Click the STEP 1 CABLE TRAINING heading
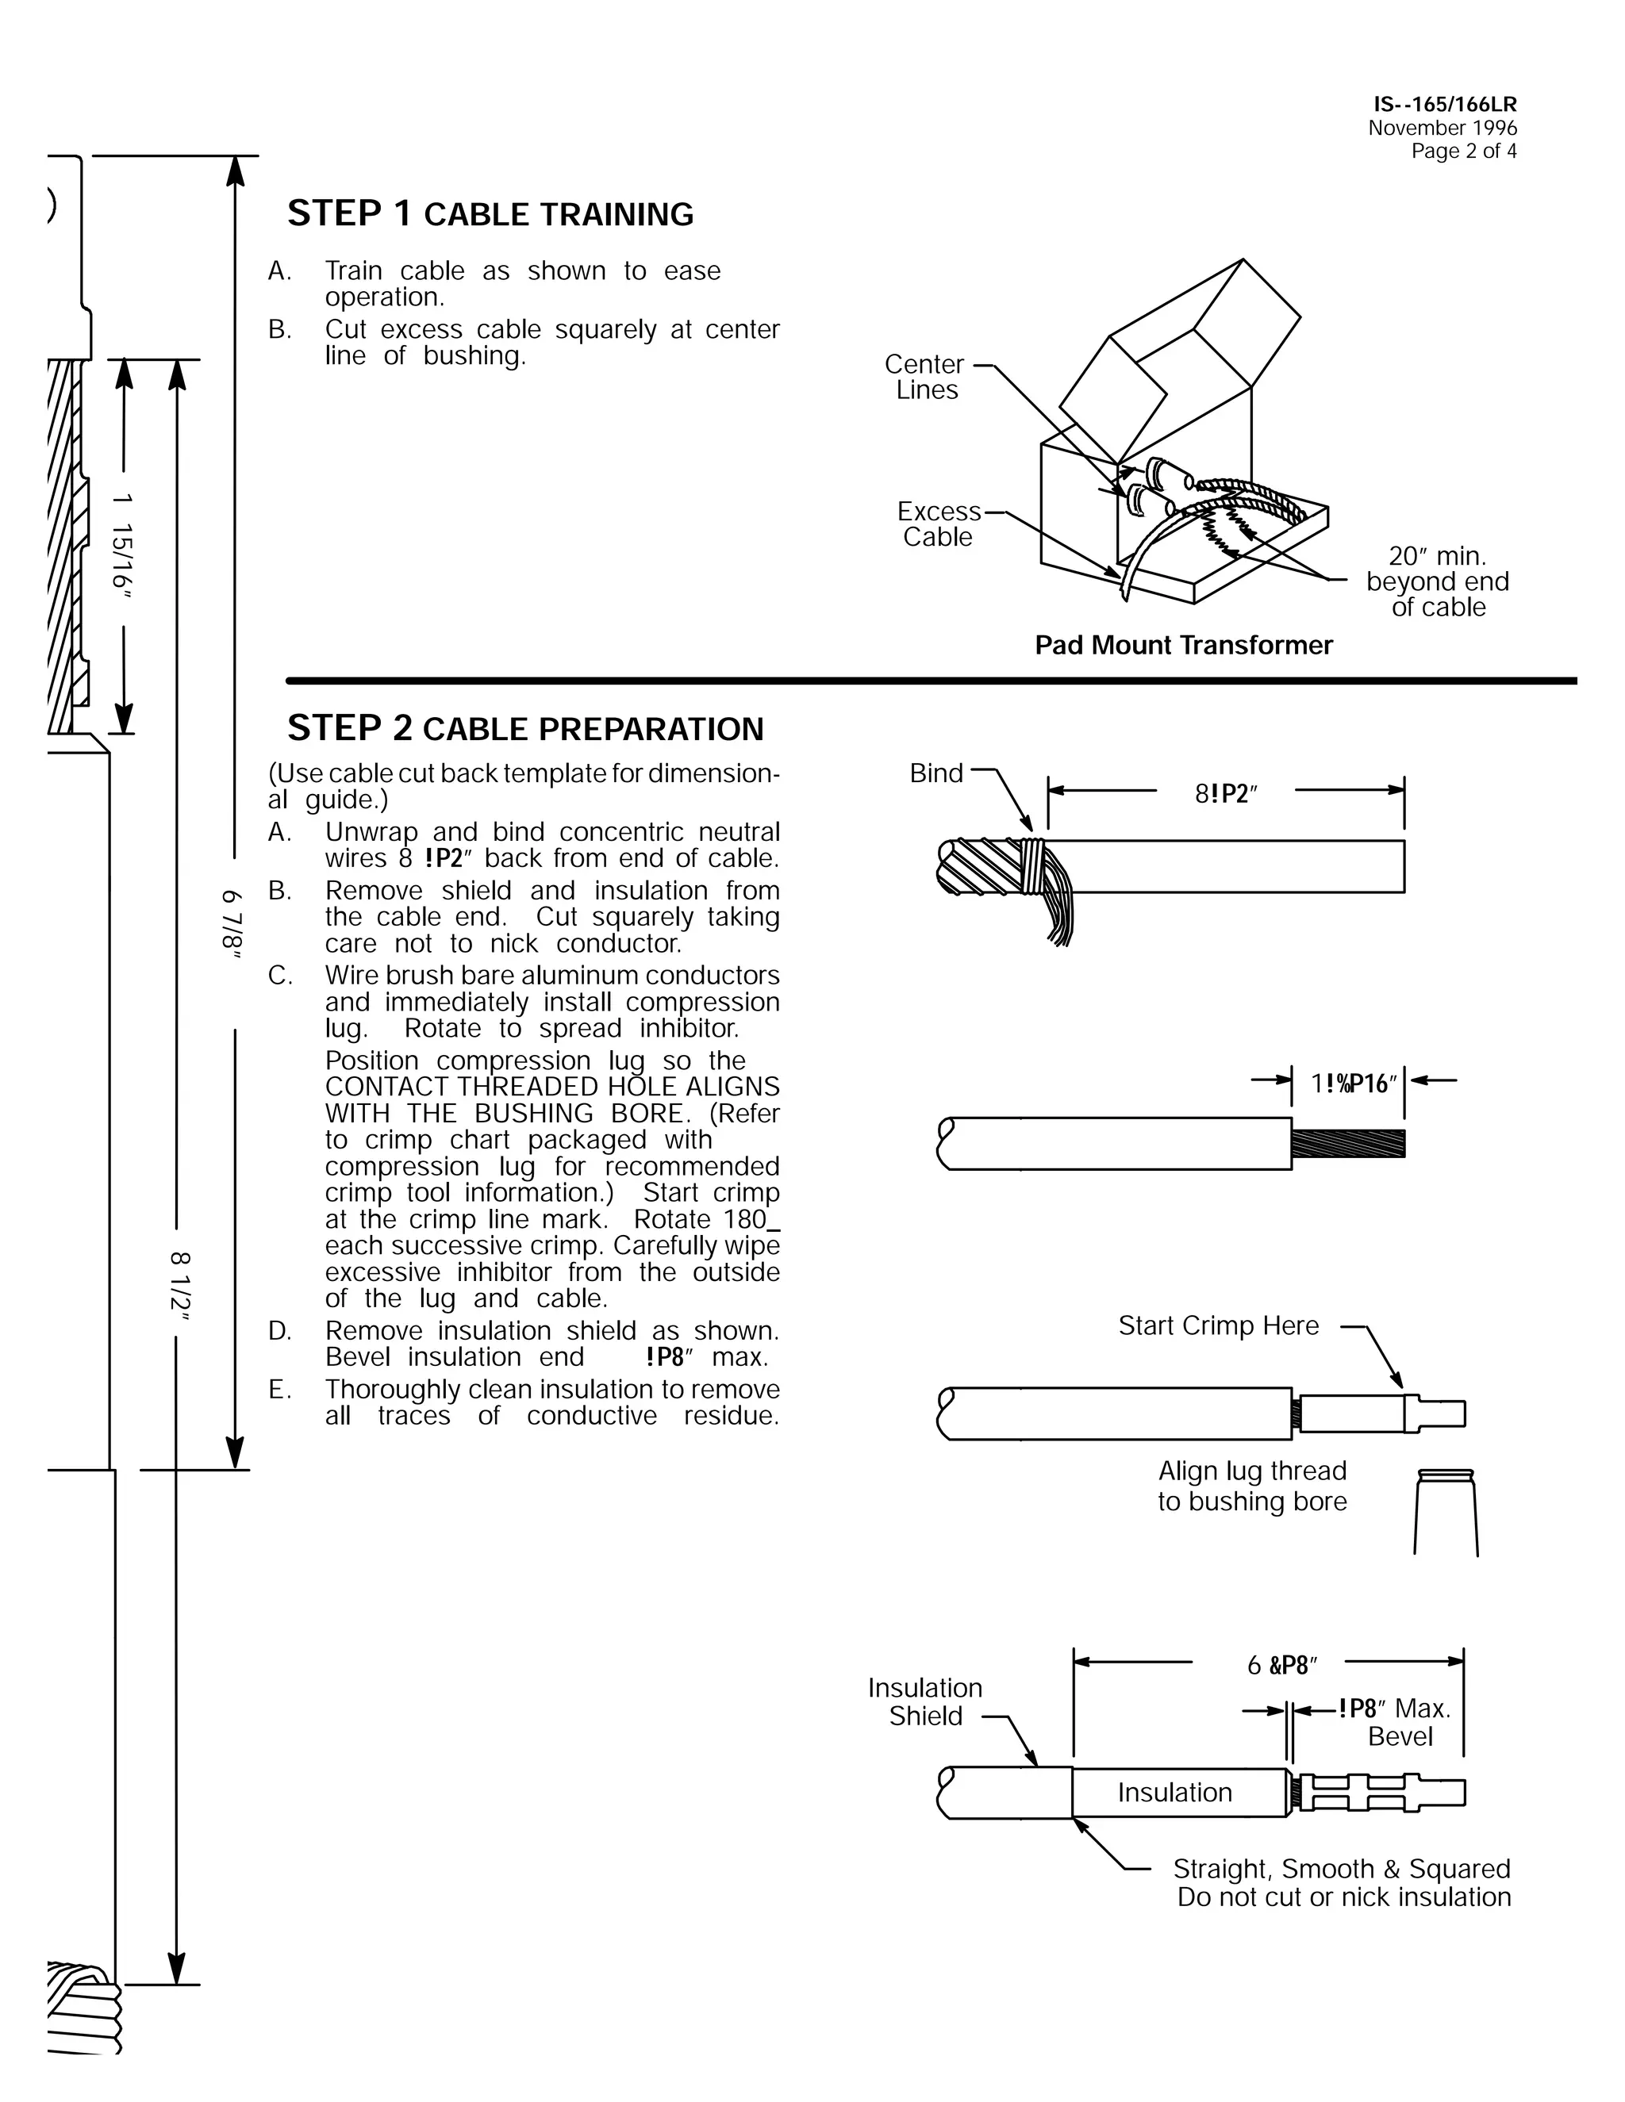coord(490,213)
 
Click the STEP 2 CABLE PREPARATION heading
coord(524,729)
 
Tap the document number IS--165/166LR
coord(1444,105)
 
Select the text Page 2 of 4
coord(1463,151)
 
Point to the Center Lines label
coord(925,378)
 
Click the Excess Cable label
coord(939,524)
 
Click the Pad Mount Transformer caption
coord(1183,645)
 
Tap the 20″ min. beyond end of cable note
coord(1437,581)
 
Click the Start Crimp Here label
coord(1218,1325)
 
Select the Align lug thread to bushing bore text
coord(1251,1486)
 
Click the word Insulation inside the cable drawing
coord(1174,1792)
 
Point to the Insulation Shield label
coord(925,1701)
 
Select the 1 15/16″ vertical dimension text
coord(122,544)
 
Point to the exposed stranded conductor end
coord(1348,1143)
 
